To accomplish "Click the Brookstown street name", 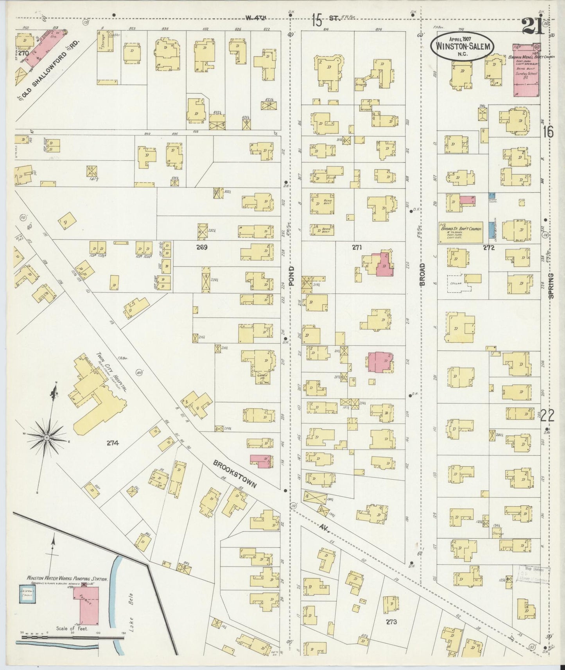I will [235, 474].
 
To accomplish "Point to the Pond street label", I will [291, 276].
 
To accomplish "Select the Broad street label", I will [422, 274].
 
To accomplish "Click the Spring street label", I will [551, 286].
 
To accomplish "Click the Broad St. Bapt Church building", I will [461, 233].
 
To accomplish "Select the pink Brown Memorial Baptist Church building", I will [526, 70].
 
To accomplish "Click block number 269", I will [202, 247].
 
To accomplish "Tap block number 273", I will [391, 622].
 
